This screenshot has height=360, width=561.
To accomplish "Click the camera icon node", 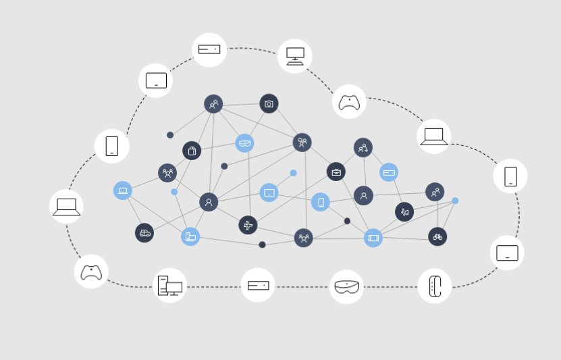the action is click(269, 103).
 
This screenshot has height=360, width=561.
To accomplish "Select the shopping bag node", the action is click(192, 151).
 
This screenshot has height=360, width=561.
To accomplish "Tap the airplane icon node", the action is click(248, 225).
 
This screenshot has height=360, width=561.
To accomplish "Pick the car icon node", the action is click(144, 233).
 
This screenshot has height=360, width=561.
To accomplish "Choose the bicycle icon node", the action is click(437, 236).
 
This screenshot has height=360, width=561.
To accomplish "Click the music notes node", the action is click(404, 211).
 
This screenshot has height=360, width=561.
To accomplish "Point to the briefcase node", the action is click(336, 172).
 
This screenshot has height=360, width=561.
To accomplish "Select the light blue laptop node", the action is click(123, 190).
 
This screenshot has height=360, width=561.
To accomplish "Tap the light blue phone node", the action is click(321, 202).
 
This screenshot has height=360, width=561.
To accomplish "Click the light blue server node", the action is click(389, 172).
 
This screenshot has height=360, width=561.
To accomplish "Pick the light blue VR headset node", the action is click(244, 143).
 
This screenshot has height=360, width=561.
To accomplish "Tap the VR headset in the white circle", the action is click(346, 287).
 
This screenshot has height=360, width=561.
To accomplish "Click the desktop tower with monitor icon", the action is click(170, 285).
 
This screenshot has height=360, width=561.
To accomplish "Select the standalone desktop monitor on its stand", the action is click(295, 56).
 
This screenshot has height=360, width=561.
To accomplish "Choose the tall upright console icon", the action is click(435, 286).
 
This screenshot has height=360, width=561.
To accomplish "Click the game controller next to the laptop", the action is click(349, 102).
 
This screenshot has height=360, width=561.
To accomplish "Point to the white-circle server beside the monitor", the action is click(209, 49).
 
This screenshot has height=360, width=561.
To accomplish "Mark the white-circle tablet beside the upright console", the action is click(507, 253).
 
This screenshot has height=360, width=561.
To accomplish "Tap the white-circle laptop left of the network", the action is click(66, 207).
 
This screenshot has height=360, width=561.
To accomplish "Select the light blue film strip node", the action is click(373, 238).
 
